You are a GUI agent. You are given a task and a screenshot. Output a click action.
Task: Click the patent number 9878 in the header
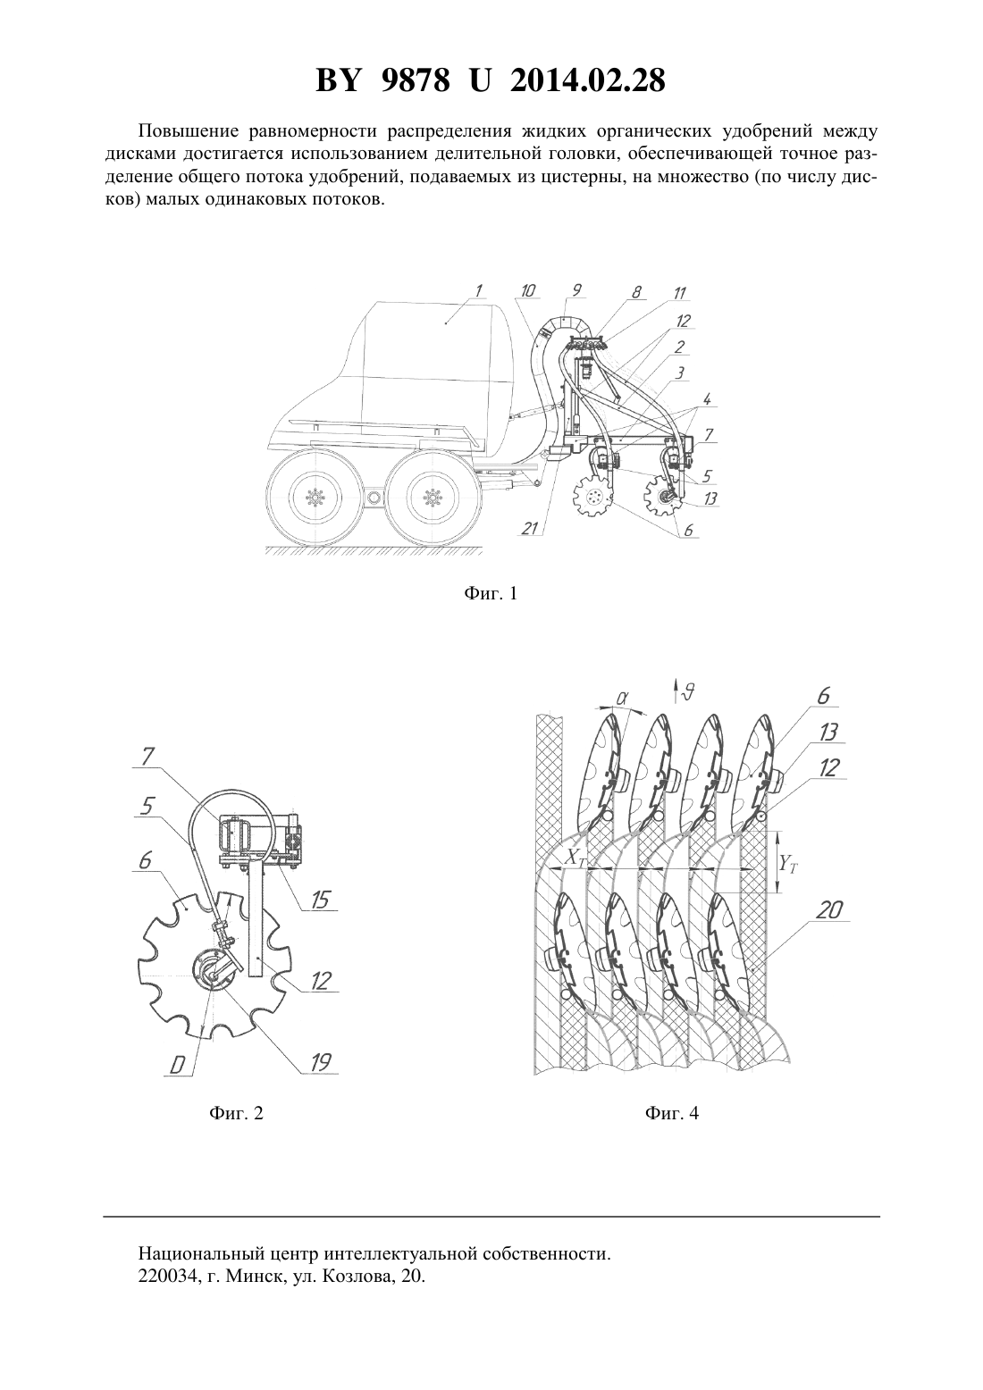coord(416,80)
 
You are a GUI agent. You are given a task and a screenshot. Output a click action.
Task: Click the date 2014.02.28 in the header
coord(588,80)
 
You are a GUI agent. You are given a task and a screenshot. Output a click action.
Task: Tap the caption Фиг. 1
coord(491,594)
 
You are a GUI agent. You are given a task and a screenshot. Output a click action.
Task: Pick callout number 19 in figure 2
coord(320,1062)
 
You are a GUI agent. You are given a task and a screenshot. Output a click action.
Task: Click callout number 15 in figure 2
coord(320,899)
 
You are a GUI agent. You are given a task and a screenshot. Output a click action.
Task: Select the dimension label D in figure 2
coord(177,1066)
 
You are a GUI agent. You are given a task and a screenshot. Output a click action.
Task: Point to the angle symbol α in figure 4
coord(621,698)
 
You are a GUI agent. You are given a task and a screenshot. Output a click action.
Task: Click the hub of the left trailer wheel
coord(315,497)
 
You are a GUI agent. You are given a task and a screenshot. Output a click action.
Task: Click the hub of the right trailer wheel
coord(431,497)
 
